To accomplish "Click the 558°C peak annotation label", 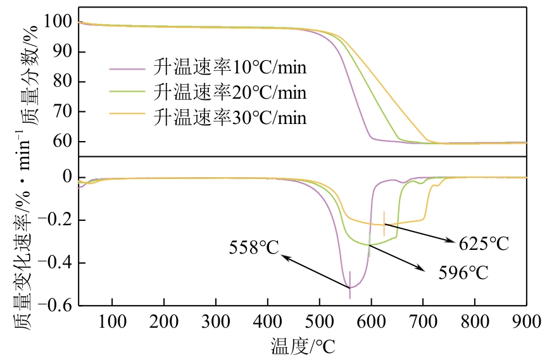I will click(x=254, y=247).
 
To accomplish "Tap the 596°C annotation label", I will click(x=463, y=273).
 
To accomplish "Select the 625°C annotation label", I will click(x=484, y=244).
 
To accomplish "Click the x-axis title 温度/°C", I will click(x=303, y=346).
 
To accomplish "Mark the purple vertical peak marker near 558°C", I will click(x=350, y=285).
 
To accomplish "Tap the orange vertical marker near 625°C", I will click(x=384, y=223).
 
